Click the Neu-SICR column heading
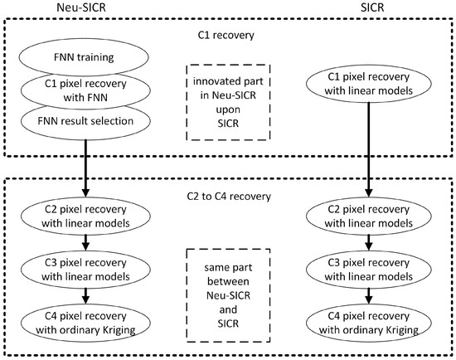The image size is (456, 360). click(81, 7)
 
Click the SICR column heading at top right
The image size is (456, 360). click(372, 7)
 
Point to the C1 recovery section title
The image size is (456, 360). click(226, 35)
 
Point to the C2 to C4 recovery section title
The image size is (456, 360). click(229, 197)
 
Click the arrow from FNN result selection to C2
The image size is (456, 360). click(85, 168)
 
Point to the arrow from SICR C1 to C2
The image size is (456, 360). click(369, 149)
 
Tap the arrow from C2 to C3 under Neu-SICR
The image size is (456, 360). click(85, 242)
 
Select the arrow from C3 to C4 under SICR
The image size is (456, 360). click(369, 296)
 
